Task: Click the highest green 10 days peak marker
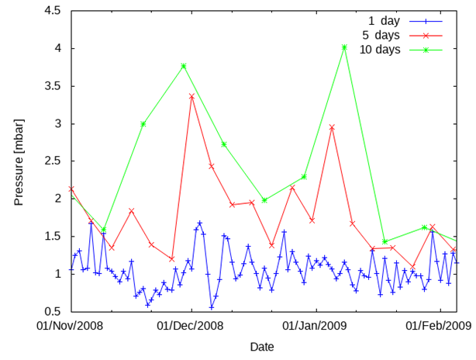tap(344, 47)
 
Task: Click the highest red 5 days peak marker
tap(191, 96)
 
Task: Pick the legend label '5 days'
tap(381, 35)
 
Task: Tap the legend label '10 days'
tap(380, 50)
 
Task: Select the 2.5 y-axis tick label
tap(53, 161)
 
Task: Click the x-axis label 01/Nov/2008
tap(71, 325)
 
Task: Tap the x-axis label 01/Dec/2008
tap(190, 325)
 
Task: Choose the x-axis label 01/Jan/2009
tap(314, 325)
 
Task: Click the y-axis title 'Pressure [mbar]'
tap(19, 161)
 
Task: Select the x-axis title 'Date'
tap(262, 346)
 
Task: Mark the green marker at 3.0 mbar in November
tap(143, 123)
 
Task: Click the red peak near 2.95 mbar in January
tap(332, 127)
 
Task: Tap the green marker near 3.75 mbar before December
tap(184, 66)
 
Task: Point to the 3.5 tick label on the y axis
tap(53, 86)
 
